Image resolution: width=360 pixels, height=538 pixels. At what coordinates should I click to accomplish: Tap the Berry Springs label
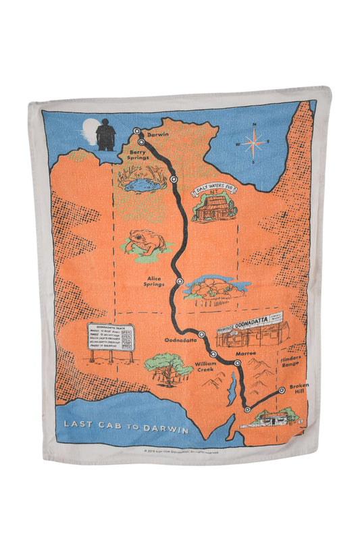click(x=140, y=157)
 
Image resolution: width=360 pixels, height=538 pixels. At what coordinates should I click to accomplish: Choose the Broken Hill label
click(x=299, y=389)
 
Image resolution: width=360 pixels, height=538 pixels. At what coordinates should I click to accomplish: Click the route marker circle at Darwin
click(x=136, y=131)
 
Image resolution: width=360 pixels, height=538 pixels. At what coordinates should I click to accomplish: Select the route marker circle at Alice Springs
click(x=179, y=281)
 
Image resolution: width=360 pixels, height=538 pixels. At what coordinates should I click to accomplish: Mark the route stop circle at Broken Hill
click(x=282, y=389)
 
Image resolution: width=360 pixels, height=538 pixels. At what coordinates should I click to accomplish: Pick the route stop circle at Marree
click(x=237, y=363)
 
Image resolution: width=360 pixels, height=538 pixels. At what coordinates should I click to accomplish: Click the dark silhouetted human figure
click(x=105, y=134)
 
